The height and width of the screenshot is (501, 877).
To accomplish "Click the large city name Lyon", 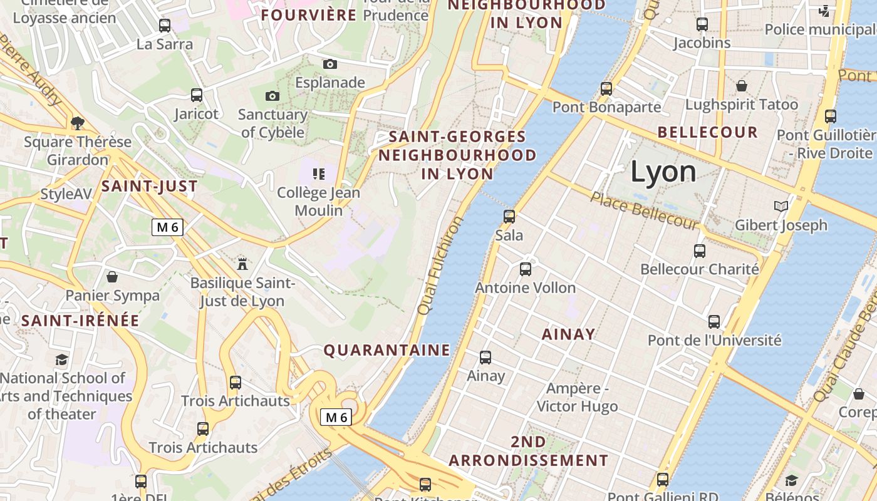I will (663, 172).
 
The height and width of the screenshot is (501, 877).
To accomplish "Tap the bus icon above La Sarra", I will (164, 26).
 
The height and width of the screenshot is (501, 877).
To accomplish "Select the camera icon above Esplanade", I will (330, 64).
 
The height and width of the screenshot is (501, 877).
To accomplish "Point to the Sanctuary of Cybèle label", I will (272, 123).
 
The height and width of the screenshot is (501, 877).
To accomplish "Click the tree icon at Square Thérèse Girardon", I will (78, 123).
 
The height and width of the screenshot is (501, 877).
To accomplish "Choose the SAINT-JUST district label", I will (150, 186).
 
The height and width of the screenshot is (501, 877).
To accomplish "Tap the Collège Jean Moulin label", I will (319, 201).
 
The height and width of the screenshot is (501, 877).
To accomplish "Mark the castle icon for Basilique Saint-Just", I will (242, 264).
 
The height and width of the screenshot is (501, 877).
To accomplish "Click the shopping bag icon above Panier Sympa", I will (112, 276).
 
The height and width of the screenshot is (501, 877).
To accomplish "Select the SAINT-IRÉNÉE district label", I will (80, 321).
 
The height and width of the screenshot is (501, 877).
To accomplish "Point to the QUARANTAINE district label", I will (387, 350).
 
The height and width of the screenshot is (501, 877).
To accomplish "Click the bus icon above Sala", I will (509, 217).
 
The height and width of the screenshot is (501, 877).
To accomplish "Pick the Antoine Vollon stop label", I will (525, 288).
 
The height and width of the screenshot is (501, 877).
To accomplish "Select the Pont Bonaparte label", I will (606, 107).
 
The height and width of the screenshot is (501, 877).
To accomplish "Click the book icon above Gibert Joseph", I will (781, 206).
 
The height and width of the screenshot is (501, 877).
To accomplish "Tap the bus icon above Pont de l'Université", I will (714, 322).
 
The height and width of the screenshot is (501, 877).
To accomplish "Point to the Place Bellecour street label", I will (644, 211).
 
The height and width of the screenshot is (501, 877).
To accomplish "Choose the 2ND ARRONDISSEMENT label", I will (528, 451).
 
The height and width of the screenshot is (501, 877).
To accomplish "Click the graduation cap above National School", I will (61, 359).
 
